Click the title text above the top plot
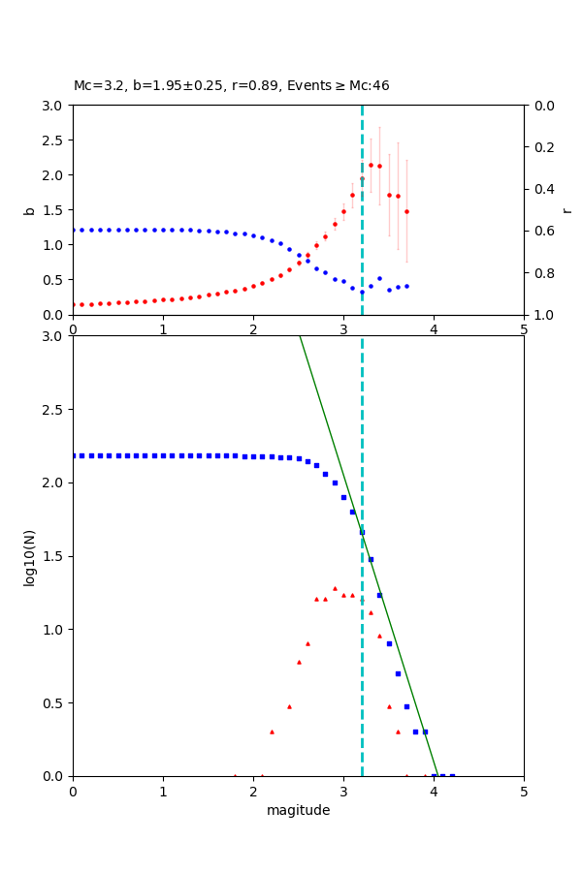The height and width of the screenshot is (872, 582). coord(231,86)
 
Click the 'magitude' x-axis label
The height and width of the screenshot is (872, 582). coord(298,810)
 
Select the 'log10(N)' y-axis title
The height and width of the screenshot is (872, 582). coord(29,556)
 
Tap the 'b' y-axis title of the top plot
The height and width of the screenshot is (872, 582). coord(29,210)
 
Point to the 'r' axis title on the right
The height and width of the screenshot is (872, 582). coord(566,210)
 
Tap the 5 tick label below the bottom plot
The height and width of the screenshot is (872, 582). coord(524,790)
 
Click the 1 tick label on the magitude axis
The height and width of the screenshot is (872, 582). coord(163,790)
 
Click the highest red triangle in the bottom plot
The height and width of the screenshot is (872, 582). coord(335,588)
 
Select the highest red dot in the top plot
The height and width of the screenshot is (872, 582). coord(371,165)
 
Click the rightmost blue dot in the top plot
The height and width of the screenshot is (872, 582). coord(406,286)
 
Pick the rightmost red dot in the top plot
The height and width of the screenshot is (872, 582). coord(406,211)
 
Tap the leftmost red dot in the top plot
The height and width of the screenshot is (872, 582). coord(74,304)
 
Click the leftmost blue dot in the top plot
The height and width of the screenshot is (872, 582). coord(74,230)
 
